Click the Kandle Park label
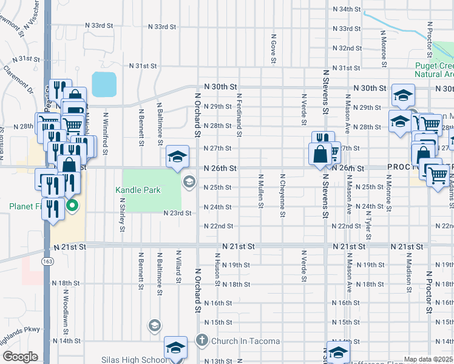click(138, 190)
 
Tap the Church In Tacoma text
click(245, 341)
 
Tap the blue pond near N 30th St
click(104, 85)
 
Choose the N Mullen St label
click(260, 190)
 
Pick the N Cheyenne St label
click(282, 195)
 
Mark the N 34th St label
click(347, 10)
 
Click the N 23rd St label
click(177, 213)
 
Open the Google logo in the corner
click(19, 357)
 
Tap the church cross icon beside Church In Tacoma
click(203, 341)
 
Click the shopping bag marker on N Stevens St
click(319, 155)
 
